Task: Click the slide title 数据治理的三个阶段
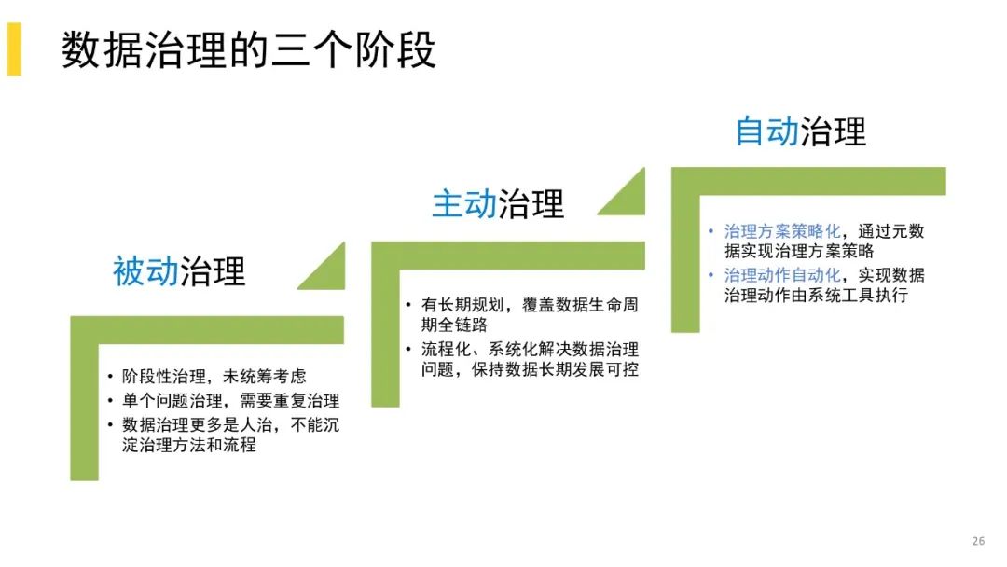tap(248, 50)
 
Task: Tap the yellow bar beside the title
tap(13, 50)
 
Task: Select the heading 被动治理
tap(179, 271)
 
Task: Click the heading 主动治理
tap(498, 203)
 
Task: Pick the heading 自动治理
tap(800, 131)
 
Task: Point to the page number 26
tap(978, 541)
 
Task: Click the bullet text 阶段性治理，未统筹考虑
tap(214, 377)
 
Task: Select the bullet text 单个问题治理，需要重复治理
tap(230, 402)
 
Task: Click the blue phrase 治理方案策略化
tap(782, 232)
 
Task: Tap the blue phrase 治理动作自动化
tap(782, 275)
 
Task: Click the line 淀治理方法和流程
tap(188, 446)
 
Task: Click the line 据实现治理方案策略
tap(799, 252)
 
